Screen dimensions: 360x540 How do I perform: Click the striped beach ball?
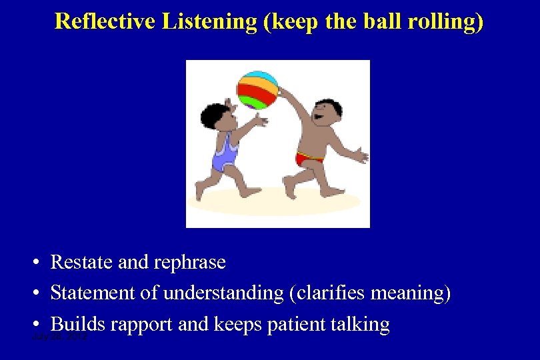[257, 90]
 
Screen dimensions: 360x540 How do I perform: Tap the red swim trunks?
[309, 159]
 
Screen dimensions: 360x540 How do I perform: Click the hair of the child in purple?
[214, 115]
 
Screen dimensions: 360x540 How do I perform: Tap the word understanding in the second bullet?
[223, 293]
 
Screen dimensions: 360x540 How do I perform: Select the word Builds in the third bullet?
[78, 324]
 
